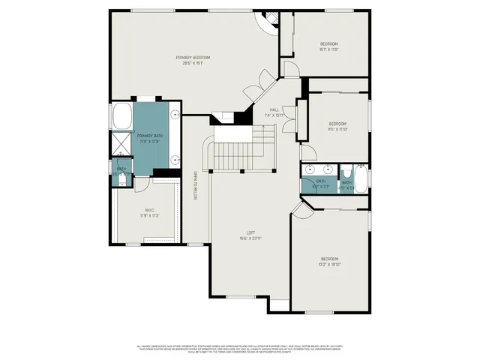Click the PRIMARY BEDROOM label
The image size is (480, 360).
(193, 61)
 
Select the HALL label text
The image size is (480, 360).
(274, 112)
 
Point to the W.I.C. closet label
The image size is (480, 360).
(150, 212)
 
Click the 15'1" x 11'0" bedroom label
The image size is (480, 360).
(328, 47)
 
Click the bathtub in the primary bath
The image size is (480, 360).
(121, 118)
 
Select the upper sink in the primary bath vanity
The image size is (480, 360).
(175, 115)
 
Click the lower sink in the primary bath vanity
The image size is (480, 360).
(175, 159)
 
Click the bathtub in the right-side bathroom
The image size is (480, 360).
(361, 180)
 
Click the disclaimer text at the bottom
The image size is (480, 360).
(240, 349)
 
